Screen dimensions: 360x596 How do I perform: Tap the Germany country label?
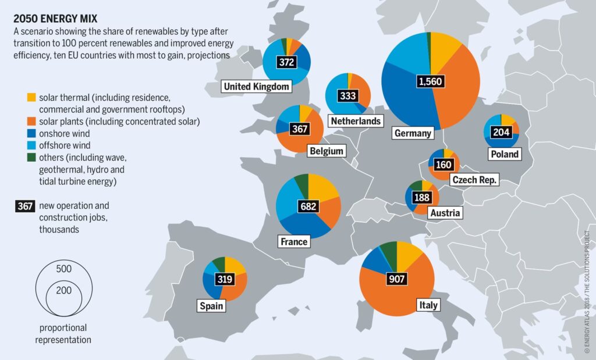coord(413,133)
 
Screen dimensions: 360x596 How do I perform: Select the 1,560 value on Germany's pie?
coord(430,81)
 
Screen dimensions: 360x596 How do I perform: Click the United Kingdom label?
coord(257,87)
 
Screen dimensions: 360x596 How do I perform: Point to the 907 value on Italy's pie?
coord(396,279)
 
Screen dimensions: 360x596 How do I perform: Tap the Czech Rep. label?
coord(474,180)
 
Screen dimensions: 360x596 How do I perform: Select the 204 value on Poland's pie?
coord(501,132)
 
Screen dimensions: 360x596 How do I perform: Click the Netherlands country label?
coord(355,121)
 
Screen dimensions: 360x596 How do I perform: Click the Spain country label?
coord(211,305)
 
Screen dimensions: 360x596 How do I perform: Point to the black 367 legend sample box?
coord(26,206)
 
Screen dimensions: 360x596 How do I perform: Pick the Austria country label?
coord(445,213)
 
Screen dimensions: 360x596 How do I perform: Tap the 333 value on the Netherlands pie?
coord(347,96)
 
